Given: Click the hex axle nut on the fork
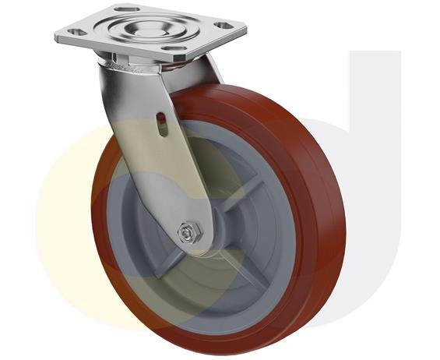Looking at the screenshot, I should [x=188, y=231].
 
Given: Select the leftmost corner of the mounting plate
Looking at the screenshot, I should [x=56, y=34].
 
